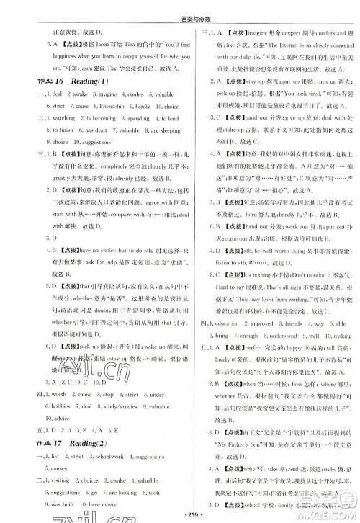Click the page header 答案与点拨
pos(180,8)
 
